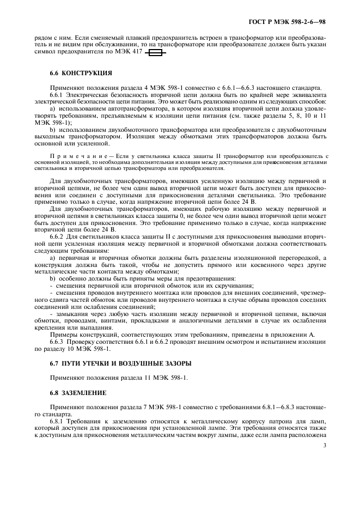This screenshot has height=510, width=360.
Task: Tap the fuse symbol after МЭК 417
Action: click(156, 53)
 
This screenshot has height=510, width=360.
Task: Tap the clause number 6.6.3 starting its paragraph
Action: click(59, 342)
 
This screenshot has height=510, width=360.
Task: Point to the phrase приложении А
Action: click(293, 335)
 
